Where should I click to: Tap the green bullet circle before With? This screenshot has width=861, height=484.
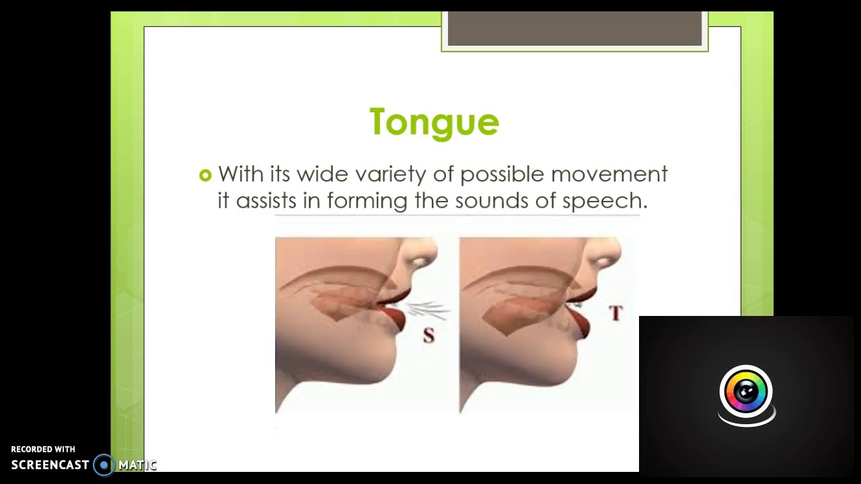[205, 175]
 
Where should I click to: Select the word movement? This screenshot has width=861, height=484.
[609, 174]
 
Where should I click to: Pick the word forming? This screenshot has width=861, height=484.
[367, 201]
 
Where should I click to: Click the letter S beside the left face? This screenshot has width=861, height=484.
[428, 335]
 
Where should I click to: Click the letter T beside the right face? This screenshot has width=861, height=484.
[615, 313]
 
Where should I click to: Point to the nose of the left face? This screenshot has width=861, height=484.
[422, 255]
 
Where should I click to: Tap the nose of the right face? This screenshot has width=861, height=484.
[606, 255]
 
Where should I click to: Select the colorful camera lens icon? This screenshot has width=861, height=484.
[746, 392]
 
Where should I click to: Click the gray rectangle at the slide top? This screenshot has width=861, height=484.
[574, 29]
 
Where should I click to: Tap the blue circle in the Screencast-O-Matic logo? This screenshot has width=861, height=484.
[104, 465]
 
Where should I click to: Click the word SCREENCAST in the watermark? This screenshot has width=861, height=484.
[50, 465]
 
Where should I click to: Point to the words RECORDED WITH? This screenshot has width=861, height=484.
[43, 449]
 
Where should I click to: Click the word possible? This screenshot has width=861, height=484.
[502, 175]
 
